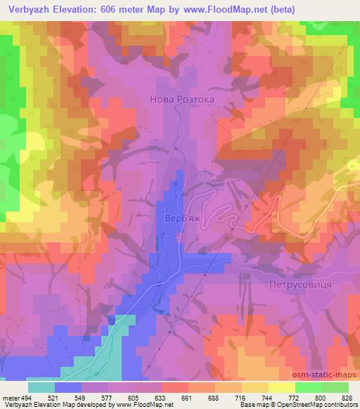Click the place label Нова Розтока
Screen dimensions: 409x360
coord(181,100)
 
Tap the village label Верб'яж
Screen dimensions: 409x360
coord(181,219)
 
